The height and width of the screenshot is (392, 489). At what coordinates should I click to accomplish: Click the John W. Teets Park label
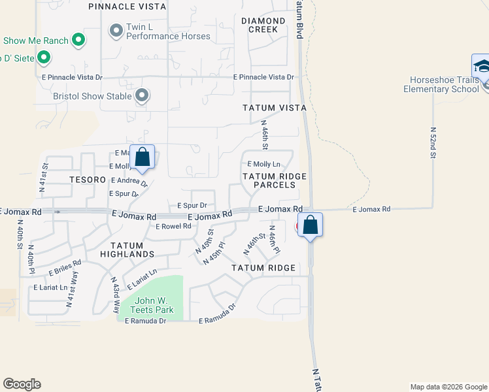[x=151, y=305]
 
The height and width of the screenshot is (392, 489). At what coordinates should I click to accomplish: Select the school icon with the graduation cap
[x=482, y=67]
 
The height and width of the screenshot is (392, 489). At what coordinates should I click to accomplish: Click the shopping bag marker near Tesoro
[x=142, y=157]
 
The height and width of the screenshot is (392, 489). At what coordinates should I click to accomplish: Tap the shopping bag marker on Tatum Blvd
[x=311, y=225]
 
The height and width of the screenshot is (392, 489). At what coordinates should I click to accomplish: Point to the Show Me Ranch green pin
[x=78, y=41]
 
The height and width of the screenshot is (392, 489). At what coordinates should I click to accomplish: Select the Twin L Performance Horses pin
[x=117, y=30]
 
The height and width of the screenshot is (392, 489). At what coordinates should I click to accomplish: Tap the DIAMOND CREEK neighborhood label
[x=263, y=25]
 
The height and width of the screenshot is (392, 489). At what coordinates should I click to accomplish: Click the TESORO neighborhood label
[x=88, y=179]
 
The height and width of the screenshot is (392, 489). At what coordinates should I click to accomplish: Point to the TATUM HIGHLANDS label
[x=127, y=253]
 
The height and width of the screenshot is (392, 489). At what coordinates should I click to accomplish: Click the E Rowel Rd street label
[x=173, y=226]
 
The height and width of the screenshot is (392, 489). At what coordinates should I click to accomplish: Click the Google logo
[x=22, y=384]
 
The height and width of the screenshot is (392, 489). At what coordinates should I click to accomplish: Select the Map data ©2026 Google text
[x=448, y=387]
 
